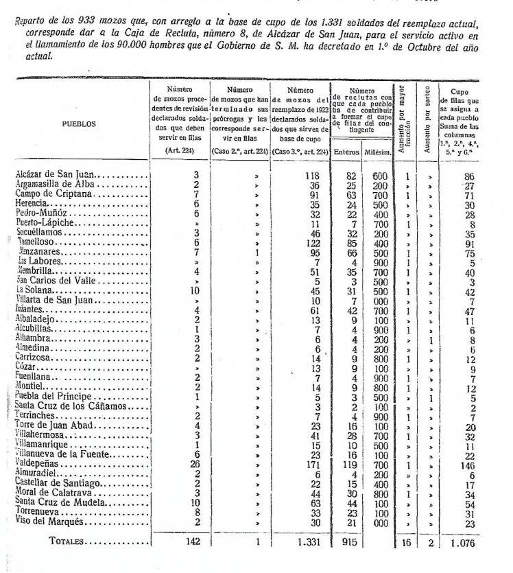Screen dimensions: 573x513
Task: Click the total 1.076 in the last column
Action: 468,542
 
